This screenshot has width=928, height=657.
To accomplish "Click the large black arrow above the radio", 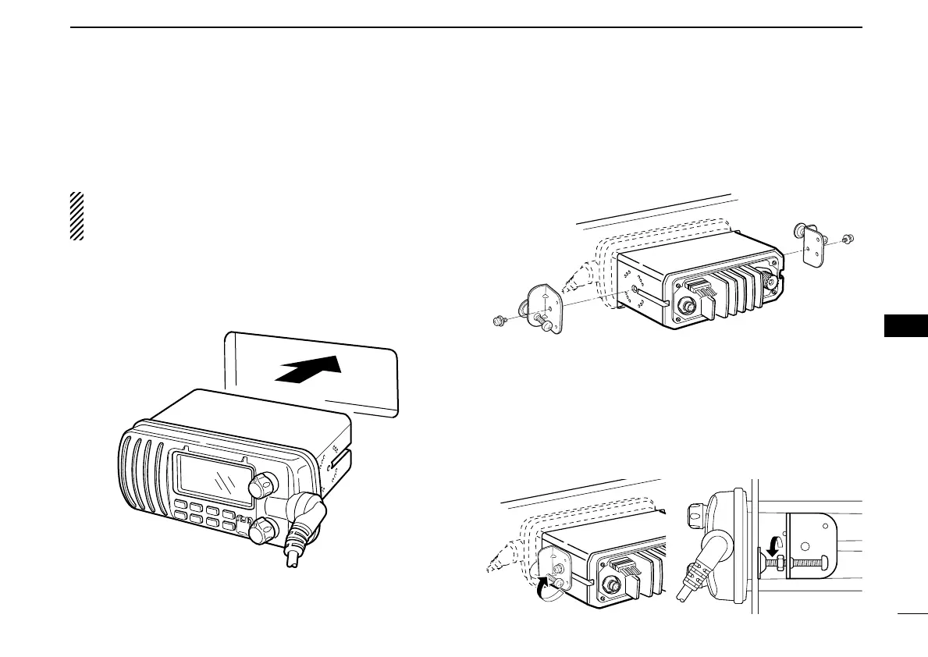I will [x=309, y=371].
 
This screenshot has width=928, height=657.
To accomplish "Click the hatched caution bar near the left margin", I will [x=76, y=216].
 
